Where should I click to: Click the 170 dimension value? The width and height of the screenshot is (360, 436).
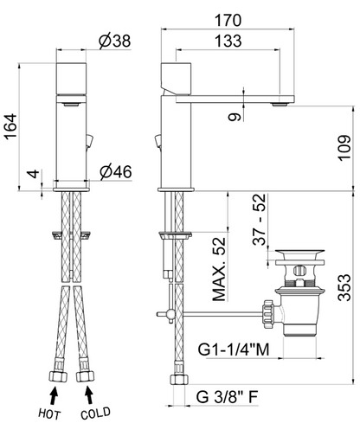228,21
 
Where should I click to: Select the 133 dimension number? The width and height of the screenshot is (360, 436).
228,41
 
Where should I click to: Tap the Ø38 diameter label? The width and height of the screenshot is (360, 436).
115,41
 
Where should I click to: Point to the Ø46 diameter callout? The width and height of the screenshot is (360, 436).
116,172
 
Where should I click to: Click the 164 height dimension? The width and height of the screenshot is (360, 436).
10,127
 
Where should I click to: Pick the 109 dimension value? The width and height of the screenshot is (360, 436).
344,148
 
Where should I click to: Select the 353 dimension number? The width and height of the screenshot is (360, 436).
344,287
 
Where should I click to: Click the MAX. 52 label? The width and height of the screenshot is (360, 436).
219,269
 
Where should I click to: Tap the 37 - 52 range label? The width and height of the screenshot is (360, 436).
259,220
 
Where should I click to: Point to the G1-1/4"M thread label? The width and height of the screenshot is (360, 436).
234,349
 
